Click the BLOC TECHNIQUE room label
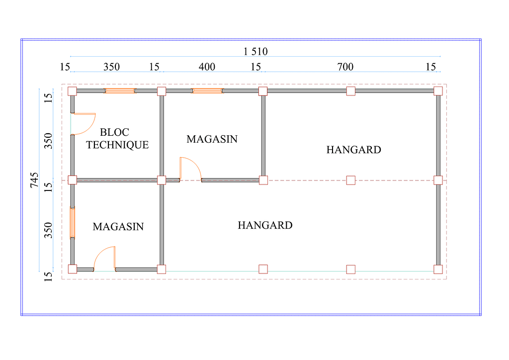pos(117,139)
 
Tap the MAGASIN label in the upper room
pos(212,139)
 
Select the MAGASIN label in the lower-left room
pos(118,227)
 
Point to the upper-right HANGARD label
pos(353,150)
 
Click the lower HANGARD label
pos(265,225)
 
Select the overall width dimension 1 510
pos(255,51)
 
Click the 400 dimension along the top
pos(207,67)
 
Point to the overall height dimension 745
pos(34,180)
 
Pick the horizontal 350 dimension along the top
pos(111,67)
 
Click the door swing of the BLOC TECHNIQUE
pos(84,124)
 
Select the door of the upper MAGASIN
pos(190,169)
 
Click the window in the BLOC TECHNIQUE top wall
pos(119,91)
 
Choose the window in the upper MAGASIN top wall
pos(207,91)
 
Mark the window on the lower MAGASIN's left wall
pos(73,222)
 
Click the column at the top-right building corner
pos(438,91)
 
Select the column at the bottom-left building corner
pos(73,269)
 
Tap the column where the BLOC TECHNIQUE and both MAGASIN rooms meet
pos(162,180)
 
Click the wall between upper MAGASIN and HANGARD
pos(263,135)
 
